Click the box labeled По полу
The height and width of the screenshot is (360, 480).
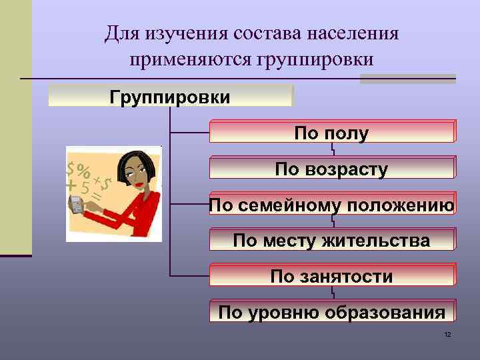click(x=332, y=133)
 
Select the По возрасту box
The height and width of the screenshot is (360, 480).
click(x=332, y=169)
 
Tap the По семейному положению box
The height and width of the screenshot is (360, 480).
click(x=332, y=205)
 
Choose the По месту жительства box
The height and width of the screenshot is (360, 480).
click(x=332, y=240)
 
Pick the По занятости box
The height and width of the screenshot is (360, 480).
click(x=332, y=276)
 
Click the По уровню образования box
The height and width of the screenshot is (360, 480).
click(x=332, y=312)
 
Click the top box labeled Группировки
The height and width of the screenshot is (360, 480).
click(x=171, y=97)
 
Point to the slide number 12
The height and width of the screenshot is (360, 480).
click(x=447, y=333)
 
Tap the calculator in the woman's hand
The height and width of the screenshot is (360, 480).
click(x=76, y=205)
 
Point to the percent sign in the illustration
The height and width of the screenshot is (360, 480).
click(x=83, y=170)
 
